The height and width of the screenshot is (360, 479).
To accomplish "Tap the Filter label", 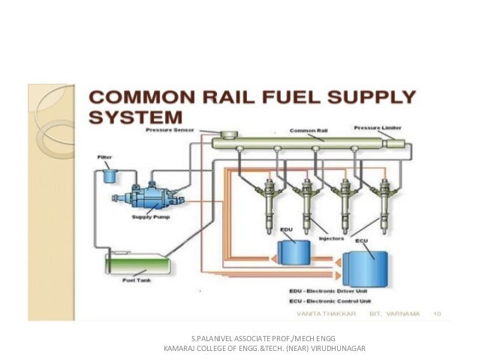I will [x=105, y=157].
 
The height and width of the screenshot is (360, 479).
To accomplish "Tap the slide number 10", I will [x=438, y=316].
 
